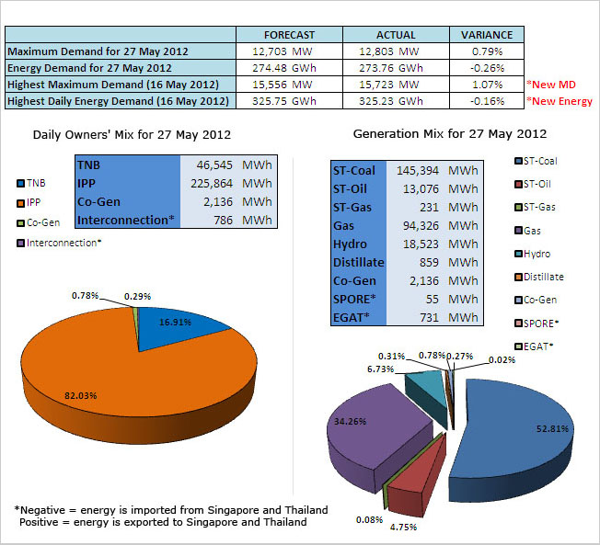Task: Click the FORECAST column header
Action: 290,35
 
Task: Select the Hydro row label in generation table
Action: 351,244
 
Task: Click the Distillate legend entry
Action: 542,277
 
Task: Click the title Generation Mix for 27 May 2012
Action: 450,134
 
